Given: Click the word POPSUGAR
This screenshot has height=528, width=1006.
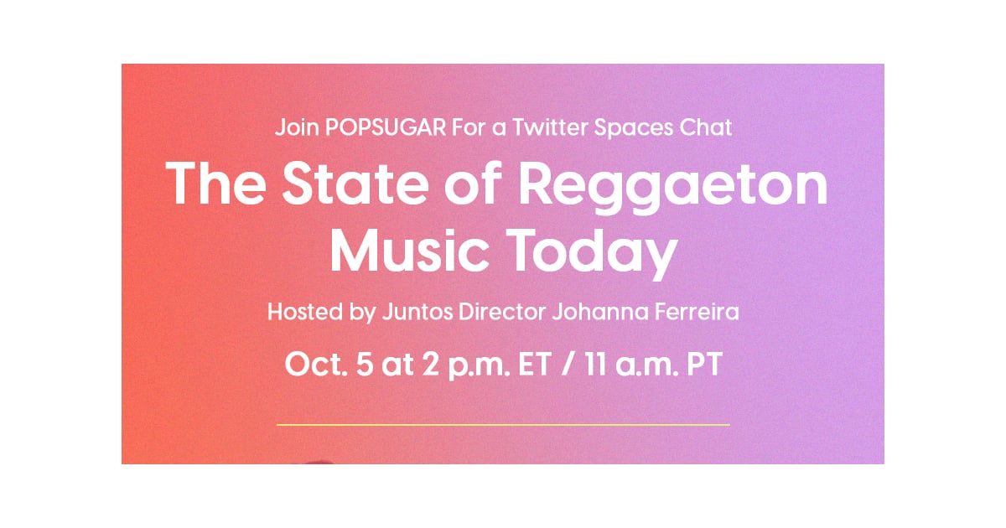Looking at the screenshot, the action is point(386,127).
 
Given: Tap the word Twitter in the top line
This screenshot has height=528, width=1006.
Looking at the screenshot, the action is point(550,127).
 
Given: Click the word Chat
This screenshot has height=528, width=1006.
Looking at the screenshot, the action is point(706,127).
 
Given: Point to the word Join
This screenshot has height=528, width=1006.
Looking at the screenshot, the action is point(297,127).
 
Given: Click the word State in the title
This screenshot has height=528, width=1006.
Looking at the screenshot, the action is point(355,184).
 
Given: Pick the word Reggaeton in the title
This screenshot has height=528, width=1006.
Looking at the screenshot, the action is point(672,188).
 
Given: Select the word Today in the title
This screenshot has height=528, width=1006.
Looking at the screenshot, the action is point(592,254).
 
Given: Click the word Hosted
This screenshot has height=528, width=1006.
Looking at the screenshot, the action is point(305,312).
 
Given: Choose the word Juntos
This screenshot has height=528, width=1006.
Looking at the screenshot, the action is point(417,312).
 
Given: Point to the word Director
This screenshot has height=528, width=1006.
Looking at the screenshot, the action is point(501,312).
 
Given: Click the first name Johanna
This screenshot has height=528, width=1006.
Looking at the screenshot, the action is point(600,312).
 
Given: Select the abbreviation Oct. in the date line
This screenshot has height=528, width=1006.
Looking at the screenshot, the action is point(316,364).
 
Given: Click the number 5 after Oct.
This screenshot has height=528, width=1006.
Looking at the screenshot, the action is point(364,364).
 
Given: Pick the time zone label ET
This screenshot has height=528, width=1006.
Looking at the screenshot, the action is point(535,364).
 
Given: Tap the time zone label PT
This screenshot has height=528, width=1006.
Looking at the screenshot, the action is point(705,364).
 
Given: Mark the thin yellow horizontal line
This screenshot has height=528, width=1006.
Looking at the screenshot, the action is point(503,424).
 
